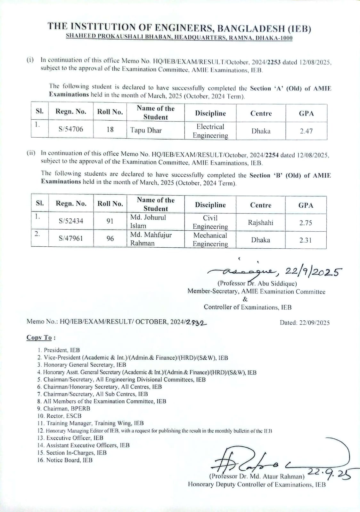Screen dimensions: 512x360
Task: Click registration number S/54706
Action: [x=71, y=129]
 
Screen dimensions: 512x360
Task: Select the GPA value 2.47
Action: [x=306, y=131]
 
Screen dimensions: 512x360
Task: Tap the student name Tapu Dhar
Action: [x=146, y=131]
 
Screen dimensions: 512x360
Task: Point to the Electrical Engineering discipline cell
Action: [x=210, y=131]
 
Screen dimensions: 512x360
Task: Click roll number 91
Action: [x=110, y=221]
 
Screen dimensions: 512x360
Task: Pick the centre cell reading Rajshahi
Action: [x=260, y=223]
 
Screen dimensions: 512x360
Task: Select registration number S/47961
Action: [x=71, y=238]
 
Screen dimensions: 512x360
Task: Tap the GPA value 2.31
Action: [x=306, y=240]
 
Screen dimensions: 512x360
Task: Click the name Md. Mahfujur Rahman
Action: [x=151, y=239]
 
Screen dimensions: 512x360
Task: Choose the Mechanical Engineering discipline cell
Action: [x=210, y=239]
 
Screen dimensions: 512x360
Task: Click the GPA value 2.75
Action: [x=306, y=223]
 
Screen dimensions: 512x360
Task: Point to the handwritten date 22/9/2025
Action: [x=314, y=272]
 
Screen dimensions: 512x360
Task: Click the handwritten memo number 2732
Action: [x=196, y=322]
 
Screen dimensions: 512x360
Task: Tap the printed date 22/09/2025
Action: [x=314, y=323]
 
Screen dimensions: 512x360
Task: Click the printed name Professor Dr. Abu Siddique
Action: [x=257, y=284]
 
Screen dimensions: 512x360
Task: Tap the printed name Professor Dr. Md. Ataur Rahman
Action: [x=257, y=476]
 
